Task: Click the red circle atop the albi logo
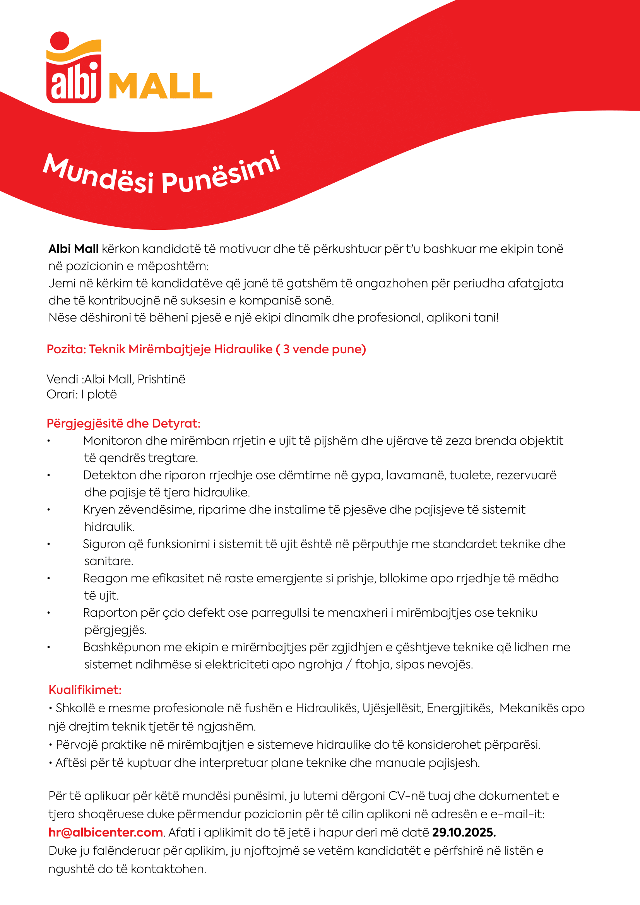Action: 60,41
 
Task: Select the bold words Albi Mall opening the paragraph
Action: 73,249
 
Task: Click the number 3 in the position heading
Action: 286,349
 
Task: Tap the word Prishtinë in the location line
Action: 161,379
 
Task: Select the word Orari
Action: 62,395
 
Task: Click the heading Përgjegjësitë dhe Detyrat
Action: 123,423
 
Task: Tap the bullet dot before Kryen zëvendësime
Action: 49,510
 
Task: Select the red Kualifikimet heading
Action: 85,690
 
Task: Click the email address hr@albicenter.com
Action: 106,833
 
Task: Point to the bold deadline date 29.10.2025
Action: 464,833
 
